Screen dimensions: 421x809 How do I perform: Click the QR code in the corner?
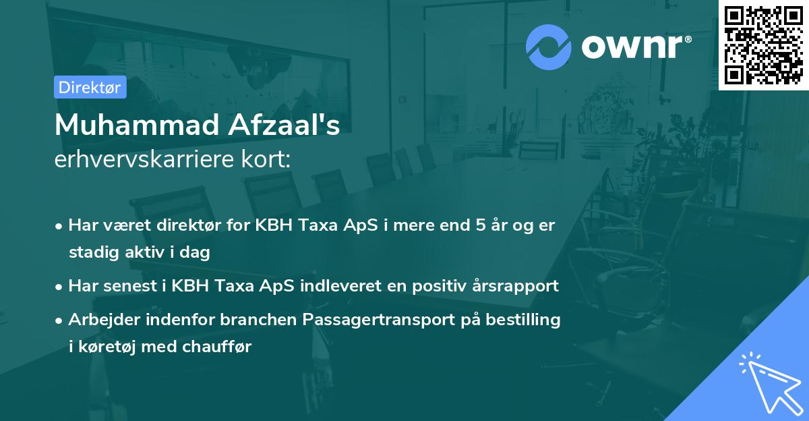(763, 45)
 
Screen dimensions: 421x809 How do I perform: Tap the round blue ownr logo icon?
(548, 47)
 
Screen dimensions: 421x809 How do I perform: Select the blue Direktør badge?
(90, 87)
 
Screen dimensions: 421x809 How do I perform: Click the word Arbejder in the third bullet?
(100, 320)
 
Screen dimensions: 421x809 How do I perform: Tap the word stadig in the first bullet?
(90, 252)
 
